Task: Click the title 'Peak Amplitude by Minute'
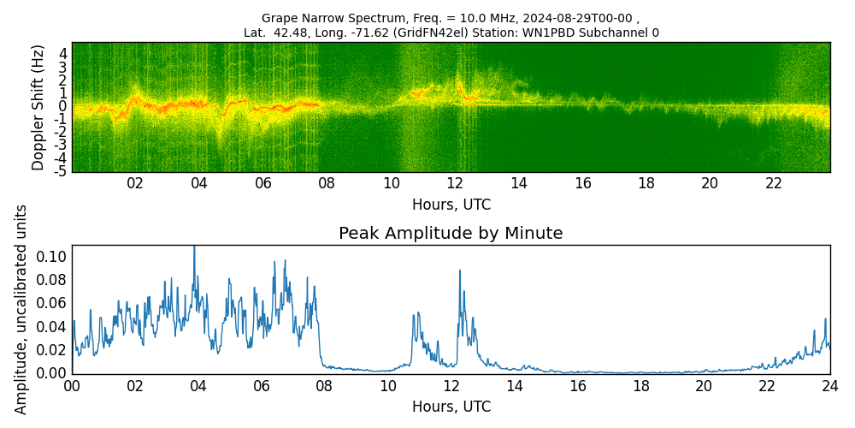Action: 451,234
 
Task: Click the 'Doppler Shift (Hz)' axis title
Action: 38,107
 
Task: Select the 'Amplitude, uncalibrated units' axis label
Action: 21,309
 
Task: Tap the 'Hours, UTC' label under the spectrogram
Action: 451,205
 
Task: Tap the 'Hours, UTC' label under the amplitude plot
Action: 451,407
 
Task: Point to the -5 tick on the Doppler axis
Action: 61,171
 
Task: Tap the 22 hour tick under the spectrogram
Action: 774,183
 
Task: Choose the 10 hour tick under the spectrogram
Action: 391,183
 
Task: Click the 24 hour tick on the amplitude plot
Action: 829,385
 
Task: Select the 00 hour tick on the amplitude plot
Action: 72,385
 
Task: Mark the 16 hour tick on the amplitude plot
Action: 577,385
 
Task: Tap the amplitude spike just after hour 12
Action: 459,271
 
